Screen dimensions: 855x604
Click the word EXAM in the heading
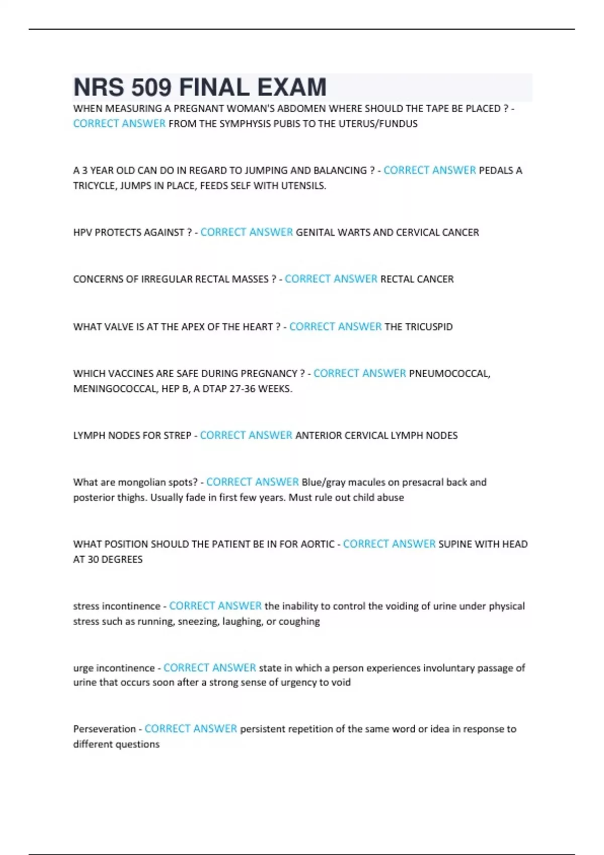pyautogui.click(x=292, y=88)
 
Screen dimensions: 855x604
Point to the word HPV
pyautogui.click(x=83, y=232)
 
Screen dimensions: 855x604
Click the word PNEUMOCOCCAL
pyautogui.click(x=449, y=374)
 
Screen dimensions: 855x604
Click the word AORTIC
pyautogui.click(x=317, y=544)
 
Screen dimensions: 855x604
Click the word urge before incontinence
pyautogui.click(x=83, y=668)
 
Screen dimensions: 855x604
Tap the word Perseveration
pyautogui.click(x=104, y=729)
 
